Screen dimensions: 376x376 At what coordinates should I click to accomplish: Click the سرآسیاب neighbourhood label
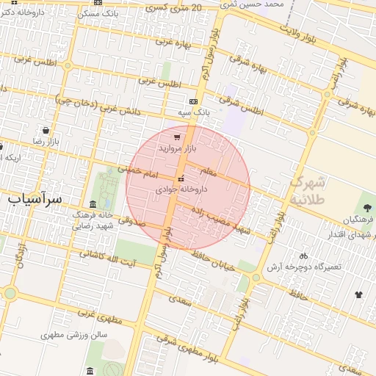[36, 198]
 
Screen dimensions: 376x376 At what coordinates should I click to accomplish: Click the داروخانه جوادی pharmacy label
[181, 189]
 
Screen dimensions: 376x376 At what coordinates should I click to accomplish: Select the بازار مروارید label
[177, 148]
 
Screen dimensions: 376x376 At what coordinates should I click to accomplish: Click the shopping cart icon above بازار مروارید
[177, 137]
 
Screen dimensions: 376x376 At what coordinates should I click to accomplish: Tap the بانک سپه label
[193, 112]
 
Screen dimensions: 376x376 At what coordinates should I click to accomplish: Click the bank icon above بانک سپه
[193, 101]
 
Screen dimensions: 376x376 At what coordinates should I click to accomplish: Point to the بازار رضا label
[44, 140]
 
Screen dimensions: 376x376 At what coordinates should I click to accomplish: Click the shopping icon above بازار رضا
[46, 130]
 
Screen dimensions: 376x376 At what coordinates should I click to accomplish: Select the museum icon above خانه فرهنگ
[92, 203]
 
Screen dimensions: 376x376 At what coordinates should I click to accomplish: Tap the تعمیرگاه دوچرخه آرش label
[304, 267]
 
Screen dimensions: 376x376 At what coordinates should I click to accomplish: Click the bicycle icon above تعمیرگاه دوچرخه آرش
[303, 256]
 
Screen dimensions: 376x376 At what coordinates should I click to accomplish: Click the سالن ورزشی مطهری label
[74, 334]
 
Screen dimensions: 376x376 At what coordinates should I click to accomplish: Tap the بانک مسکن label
[97, 14]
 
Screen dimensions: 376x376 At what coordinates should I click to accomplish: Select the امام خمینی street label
[139, 173]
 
